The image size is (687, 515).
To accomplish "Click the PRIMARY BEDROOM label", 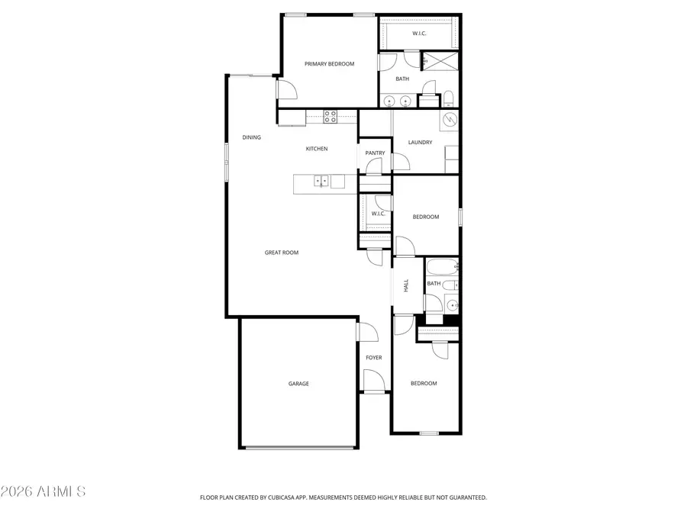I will [x=330, y=64].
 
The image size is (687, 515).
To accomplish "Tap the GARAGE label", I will [x=298, y=384].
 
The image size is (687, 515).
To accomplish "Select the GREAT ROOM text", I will [x=281, y=253].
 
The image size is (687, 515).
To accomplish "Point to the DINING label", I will [x=252, y=138].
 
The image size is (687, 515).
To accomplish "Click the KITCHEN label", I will [x=317, y=149].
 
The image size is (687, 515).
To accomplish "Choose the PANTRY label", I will [x=375, y=153].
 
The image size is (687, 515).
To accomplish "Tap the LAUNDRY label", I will [x=420, y=143].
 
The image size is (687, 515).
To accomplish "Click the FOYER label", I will [x=374, y=358].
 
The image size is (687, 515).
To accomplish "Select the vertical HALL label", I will [x=406, y=285].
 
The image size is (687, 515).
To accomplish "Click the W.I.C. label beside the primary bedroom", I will [x=419, y=34].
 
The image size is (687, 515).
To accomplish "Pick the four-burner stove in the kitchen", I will [x=331, y=117].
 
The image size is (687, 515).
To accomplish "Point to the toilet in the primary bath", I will [x=449, y=98].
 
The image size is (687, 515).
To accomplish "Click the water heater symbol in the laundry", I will [x=449, y=120].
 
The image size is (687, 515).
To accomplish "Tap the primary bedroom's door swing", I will [x=286, y=92].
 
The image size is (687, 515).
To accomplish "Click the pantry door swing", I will [x=399, y=161].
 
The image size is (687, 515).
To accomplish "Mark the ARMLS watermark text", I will [x=44, y=491].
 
